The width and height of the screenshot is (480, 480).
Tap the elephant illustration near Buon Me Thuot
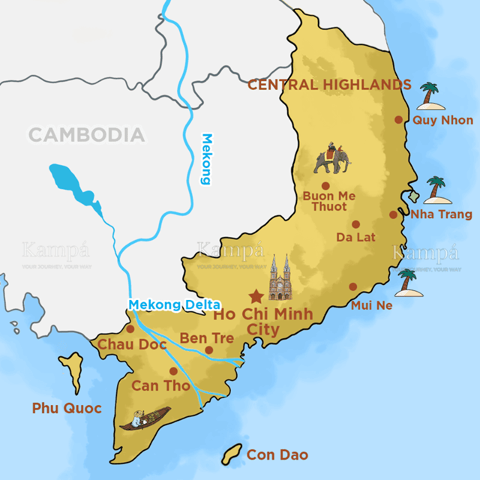[329, 159]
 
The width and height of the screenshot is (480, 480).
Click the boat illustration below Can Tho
[145, 418]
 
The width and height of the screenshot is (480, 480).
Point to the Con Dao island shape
[232, 453]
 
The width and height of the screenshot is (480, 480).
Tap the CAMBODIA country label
[86, 135]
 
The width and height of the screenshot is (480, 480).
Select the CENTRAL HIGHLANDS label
[329, 85]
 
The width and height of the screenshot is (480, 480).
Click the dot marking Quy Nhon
[399, 119]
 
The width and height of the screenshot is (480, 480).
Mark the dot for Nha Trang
[393, 214]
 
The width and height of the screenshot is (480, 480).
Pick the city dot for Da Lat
[355, 223]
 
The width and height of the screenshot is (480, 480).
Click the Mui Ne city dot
[352, 286]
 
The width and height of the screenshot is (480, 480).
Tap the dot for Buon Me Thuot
[325, 185]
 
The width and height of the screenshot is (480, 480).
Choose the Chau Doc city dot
[130, 328]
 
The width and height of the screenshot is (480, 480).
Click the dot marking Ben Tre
[209, 349]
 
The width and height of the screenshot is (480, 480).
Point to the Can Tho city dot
[174, 370]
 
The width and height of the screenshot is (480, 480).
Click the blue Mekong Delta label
[173, 304]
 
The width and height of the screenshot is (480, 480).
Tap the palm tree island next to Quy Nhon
[430, 97]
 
